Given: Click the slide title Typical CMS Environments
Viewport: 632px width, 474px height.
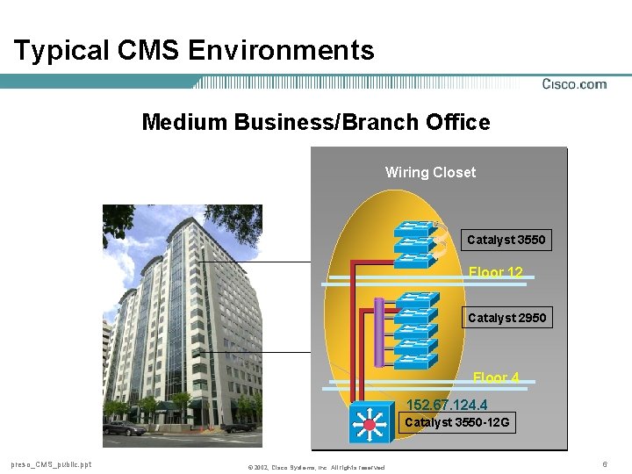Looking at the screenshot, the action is point(194,50).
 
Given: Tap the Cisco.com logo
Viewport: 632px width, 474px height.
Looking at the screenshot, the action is point(574,84).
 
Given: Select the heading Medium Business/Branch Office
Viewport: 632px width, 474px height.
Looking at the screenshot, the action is point(316,122).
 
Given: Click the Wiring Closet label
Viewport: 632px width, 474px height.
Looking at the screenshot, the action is point(430,172).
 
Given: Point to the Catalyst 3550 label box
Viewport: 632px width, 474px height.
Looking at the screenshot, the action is point(506,240).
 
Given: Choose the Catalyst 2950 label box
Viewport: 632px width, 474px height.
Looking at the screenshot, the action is point(506,318).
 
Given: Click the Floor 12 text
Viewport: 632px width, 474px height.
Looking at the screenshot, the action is point(495,273).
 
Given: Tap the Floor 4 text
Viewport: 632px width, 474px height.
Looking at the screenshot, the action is point(496,377).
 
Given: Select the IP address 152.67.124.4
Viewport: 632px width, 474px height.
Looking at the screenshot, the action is point(447,405).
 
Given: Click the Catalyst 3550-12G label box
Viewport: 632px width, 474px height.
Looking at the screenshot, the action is point(456,423).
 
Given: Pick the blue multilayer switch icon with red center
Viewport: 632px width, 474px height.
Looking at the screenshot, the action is point(370,424).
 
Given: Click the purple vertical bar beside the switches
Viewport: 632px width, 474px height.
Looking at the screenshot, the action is point(379,332).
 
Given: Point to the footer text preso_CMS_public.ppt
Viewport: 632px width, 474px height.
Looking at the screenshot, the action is point(51,464).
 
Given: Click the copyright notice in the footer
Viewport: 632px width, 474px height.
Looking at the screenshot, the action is point(316,467).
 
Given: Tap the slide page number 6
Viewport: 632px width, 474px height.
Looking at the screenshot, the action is point(605,463).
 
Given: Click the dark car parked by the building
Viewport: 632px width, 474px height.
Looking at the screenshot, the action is point(118,428).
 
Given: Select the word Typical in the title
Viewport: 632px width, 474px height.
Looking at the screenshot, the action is point(58,50).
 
